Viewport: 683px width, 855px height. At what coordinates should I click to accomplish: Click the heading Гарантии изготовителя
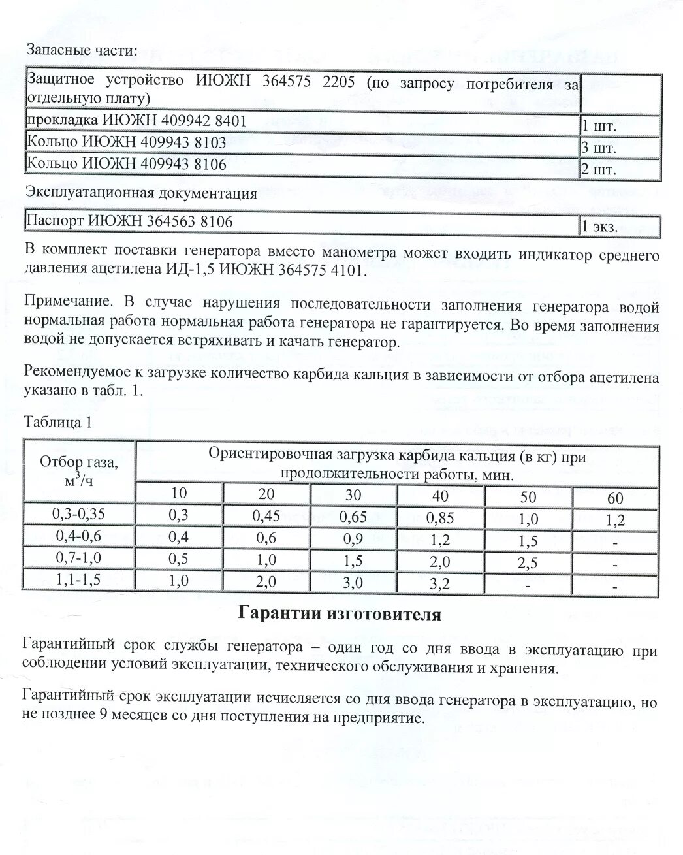pos(340,614)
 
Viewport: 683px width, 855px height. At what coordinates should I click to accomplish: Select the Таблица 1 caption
pos(58,422)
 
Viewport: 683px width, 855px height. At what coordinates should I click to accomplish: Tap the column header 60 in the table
pos(615,498)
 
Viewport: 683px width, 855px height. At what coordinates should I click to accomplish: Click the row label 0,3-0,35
pos(78,513)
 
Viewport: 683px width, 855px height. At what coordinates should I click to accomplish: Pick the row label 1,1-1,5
pos(78,579)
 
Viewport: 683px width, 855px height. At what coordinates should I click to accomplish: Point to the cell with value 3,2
pos(440,583)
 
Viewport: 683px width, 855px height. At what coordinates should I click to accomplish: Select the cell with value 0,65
pos(353,517)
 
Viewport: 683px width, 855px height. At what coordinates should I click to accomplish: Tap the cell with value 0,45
pos(266,516)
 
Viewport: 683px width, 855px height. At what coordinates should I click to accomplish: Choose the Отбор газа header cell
pos(79,470)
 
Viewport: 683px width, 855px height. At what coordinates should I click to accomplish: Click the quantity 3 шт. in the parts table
pos(599,148)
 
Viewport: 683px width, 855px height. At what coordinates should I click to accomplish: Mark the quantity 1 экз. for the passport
pos(599,227)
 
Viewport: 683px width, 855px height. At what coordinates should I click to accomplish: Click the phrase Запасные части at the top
pos(82,50)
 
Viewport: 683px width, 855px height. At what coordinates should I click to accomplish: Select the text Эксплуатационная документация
pos(140,193)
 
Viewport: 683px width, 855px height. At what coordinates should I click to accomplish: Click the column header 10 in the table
pos(178,492)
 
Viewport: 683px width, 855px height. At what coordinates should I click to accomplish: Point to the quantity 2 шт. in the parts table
pos(599,170)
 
